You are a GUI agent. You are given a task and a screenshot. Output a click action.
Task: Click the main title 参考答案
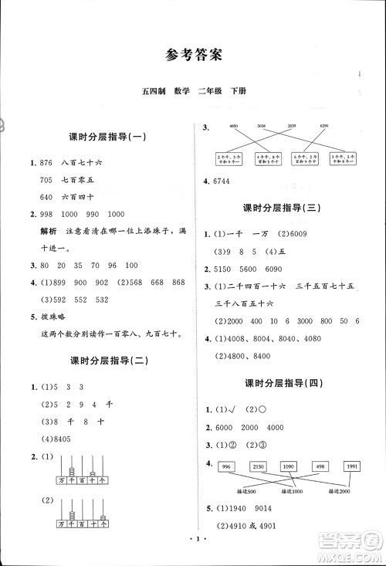click(193, 55)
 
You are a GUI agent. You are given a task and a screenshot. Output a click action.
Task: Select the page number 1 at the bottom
click(193, 550)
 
